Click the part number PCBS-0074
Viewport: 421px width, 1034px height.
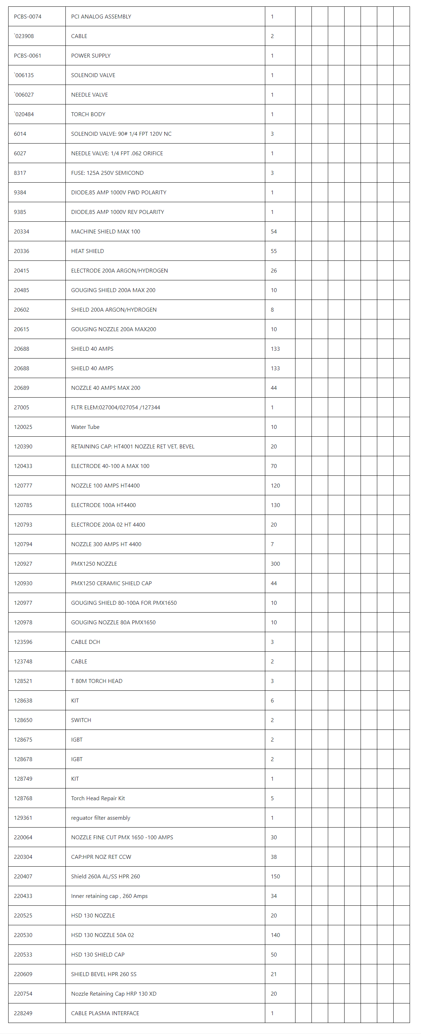pyautogui.click(x=27, y=16)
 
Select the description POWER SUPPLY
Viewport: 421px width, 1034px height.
pyautogui.click(x=90, y=56)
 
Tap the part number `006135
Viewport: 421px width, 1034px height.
pyautogui.click(x=24, y=75)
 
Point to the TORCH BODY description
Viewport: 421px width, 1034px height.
pyautogui.click(x=88, y=114)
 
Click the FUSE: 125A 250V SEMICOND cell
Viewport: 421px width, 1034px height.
pyautogui.click(x=107, y=173)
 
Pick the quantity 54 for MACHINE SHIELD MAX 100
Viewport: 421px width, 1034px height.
pyautogui.click(x=273, y=232)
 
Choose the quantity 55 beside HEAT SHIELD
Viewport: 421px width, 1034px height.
pyautogui.click(x=273, y=251)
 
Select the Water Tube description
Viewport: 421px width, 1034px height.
pyautogui.click(x=85, y=427)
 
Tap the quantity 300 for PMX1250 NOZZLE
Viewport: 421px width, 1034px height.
pyautogui.click(x=275, y=564)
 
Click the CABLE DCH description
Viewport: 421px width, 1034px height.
pyautogui.click(x=86, y=642)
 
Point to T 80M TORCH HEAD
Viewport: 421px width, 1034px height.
pyautogui.click(x=96, y=681)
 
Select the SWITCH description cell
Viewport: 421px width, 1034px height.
pyautogui.click(x=81, y=720)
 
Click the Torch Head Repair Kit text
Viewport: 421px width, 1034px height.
pyautogui.click(x=98, y=798)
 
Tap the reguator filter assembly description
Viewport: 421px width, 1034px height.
pyautogui.click(x=100, y=818)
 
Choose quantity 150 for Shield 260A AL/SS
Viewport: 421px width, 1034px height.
pyautogui.click(x=275, y=876)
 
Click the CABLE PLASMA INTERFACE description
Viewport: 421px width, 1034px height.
pyautogui.click(x=105, y=1013)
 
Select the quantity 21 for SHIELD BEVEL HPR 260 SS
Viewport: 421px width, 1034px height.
pyautogui.click(x=273, y=974)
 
